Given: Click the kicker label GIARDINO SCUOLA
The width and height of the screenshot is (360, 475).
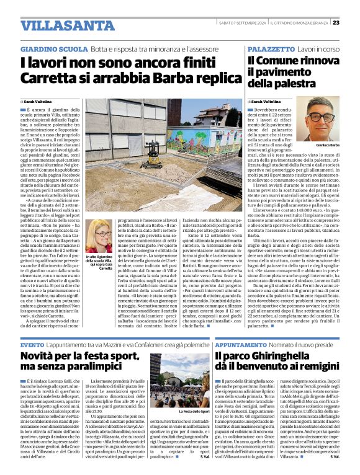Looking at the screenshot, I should [54, 48].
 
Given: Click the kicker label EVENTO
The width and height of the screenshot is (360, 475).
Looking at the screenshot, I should [32, 344].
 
